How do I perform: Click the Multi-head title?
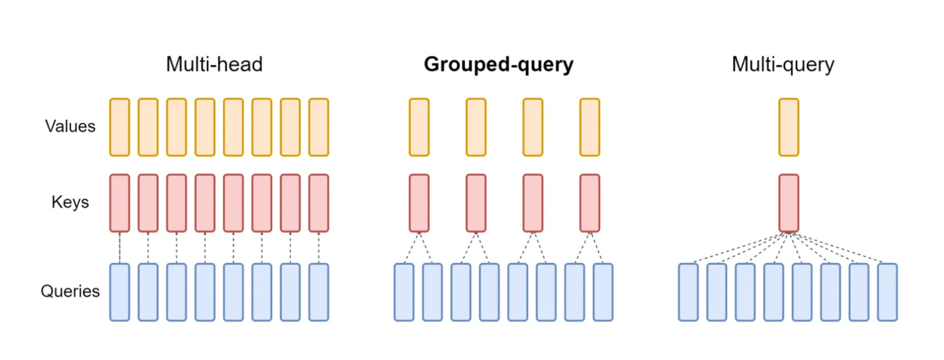214,64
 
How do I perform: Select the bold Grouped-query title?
498,64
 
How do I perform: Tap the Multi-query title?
783,64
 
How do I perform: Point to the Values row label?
70,126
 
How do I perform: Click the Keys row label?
70,202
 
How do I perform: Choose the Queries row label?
70,291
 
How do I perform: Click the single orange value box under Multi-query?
788,126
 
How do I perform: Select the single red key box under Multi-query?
788,202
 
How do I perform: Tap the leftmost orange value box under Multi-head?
120,126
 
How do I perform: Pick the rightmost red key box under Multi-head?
318,202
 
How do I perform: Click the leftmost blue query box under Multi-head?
120,291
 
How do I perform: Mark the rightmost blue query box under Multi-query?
887,291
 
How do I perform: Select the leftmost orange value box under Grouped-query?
419,126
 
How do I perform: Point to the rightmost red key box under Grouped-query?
590,202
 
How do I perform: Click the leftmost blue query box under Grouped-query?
404,291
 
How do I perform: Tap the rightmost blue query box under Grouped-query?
603,291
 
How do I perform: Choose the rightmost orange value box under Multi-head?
318,126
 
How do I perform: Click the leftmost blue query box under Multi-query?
688,291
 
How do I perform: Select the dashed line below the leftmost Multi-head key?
120,247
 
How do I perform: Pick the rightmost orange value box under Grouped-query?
590,126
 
